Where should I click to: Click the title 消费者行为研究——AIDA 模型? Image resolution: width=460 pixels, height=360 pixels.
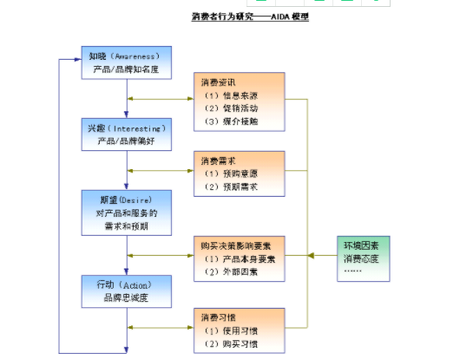pos(251,16)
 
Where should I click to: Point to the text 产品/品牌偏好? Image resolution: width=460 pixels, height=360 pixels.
pos(125,141)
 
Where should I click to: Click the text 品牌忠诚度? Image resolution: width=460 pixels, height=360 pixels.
pos(125,298)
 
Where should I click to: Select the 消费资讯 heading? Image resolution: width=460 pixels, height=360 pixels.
pos(218,83)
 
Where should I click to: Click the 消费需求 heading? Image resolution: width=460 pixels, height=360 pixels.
pos(218,160)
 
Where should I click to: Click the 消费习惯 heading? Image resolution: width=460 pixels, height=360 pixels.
pos(218,317)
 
